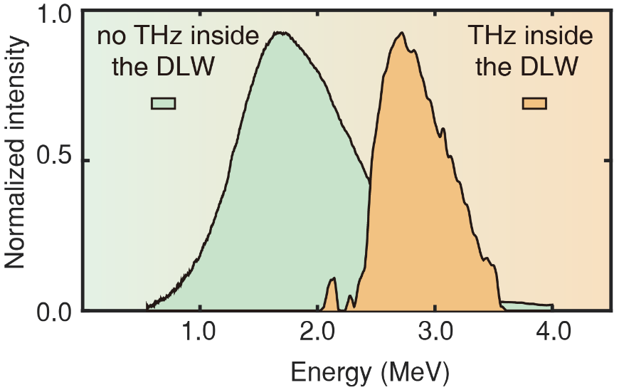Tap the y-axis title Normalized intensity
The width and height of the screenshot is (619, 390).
pos(16,162)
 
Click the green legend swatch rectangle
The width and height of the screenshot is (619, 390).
pos(163,103)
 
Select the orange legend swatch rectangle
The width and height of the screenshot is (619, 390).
pos(534,103)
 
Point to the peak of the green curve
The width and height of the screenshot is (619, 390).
pos(281,33)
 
